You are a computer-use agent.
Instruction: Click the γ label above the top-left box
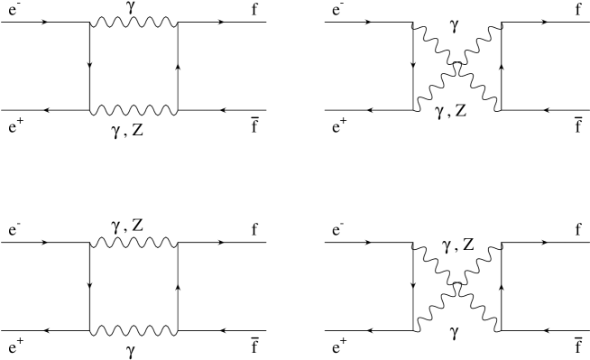(134, 8)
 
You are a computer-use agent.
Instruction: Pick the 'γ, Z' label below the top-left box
(134, 129)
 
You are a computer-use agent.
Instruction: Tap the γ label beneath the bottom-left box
(134, 346)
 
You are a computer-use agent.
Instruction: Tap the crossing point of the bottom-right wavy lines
(456, 287)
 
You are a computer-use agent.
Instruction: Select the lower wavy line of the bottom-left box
(134, 329)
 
